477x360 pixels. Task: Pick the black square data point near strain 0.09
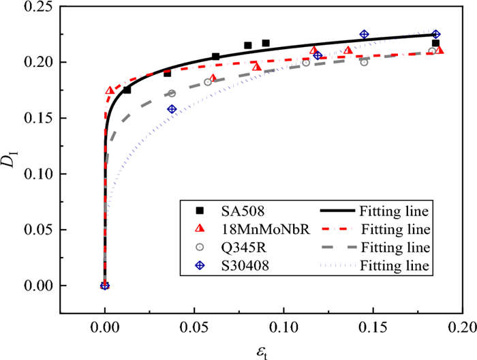click(266, 43)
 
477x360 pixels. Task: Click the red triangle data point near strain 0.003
click(110, 90)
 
